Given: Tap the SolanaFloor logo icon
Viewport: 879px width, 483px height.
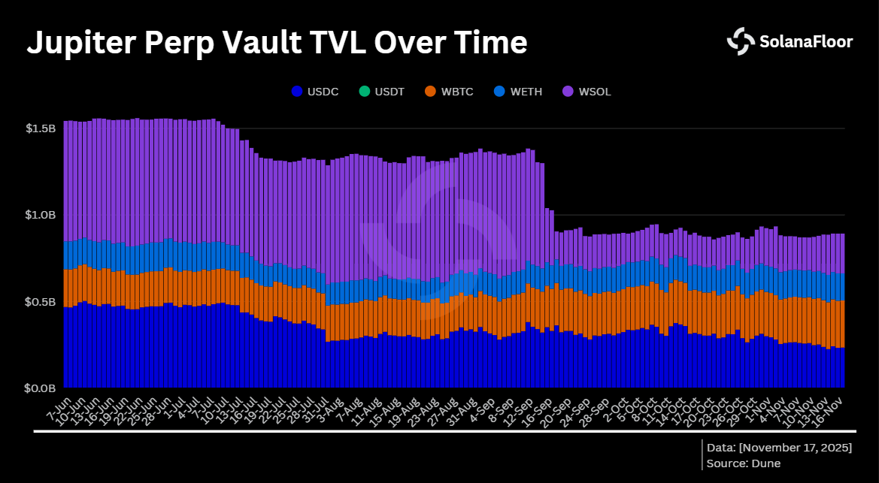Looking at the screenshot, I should click(x=740, y=41).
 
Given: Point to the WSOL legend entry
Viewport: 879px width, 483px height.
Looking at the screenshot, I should click(x=587, y=92).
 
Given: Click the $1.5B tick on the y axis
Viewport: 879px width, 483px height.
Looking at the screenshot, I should click(x=40, y=128).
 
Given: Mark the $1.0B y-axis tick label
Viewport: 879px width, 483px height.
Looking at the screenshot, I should click(x=40, y=215).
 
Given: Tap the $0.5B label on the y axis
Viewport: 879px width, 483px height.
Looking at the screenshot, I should click(x=40, y=302).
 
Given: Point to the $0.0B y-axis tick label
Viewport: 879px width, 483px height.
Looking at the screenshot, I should click(x=40, y=388).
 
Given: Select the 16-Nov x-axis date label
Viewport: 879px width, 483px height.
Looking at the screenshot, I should click(x=831, y=408).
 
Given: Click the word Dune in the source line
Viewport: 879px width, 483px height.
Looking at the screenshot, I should click(x=765, y=463).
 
